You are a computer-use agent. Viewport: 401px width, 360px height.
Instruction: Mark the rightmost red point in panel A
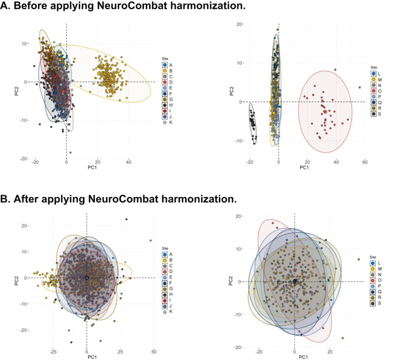[x=360, y=88]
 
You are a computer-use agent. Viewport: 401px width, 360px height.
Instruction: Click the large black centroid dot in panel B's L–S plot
[x=294, y=281]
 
